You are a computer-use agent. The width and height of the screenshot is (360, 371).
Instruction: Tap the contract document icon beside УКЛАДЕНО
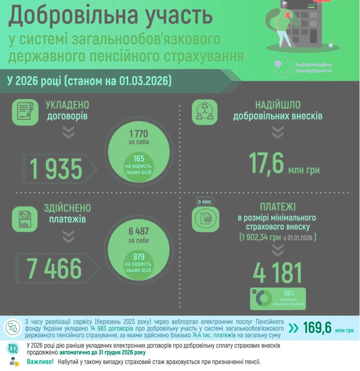25,111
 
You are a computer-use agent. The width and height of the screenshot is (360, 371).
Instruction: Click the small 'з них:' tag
205,201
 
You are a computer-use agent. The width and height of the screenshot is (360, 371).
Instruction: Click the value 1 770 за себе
138,137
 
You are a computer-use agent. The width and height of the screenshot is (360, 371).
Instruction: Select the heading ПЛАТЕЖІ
278,207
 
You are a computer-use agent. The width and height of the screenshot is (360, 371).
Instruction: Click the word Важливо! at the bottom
40,362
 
